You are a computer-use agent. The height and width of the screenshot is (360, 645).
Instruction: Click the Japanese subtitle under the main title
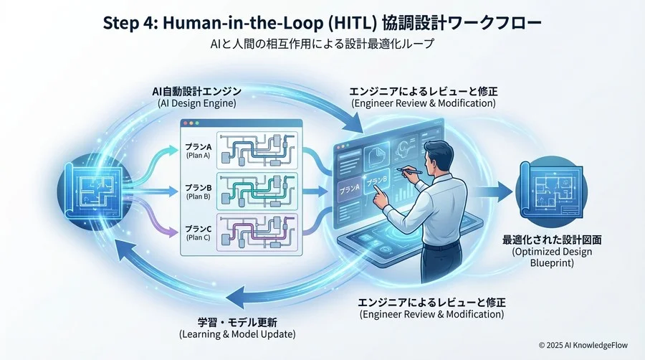pos(322,44)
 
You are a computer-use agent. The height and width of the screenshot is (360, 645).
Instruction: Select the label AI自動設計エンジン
pos(196,92)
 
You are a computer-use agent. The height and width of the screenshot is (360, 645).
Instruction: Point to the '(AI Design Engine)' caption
pos(196,104)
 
